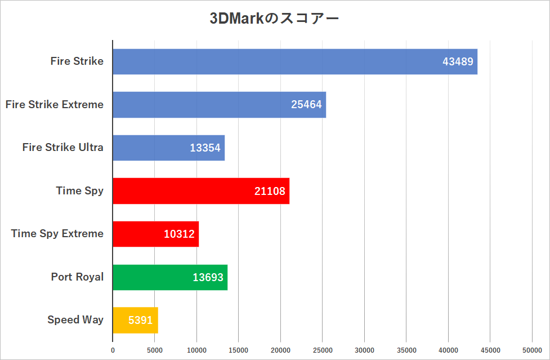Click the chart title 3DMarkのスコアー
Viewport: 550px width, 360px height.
pos(274,19)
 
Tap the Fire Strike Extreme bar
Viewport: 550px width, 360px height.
pos(219,105)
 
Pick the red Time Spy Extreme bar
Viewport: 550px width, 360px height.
pos(155,234)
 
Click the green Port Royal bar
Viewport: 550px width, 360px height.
pos(169,277)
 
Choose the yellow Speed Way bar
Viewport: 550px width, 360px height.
pos(135,320)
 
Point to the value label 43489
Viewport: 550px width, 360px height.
pos(458,62)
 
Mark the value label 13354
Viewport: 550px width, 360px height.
pos(205,148)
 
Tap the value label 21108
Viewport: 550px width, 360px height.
pos(270,191)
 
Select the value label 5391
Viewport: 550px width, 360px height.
pos(140,321)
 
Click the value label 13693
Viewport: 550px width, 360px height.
pos(208,277)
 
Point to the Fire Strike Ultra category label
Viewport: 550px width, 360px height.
pos(63,148)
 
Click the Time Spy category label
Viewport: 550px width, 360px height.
pos(80,190)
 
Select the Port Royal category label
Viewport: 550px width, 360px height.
pos(77,277)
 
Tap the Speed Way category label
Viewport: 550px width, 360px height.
pos(75,319)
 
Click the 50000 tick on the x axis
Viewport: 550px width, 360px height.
pos(532,350)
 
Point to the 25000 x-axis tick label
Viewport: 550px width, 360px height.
pos(323,350)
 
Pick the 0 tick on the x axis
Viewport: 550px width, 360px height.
pos(113,350)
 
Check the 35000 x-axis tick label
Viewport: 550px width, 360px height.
pos(406,350)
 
